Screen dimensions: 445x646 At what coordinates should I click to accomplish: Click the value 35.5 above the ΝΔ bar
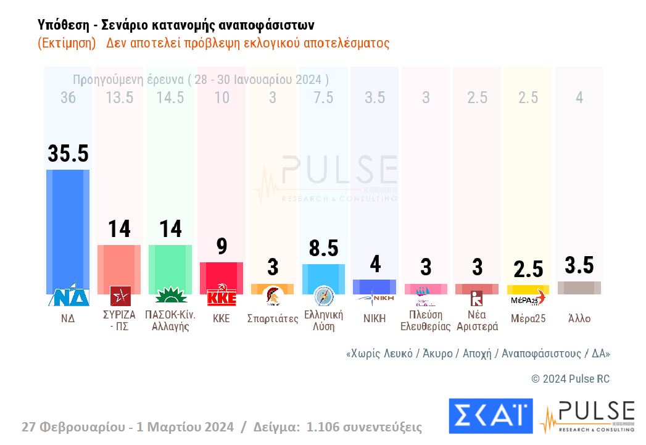[x=68, y=154]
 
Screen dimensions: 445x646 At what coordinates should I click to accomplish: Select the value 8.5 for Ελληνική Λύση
[x=323, y=248]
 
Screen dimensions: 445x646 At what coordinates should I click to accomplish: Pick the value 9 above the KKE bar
[x=222, y=246]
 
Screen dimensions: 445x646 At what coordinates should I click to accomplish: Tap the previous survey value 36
[x=68, y=98]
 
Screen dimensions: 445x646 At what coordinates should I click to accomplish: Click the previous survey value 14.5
[x=170, y=98]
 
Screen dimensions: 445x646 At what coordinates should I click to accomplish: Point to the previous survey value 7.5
[x=323, y=98]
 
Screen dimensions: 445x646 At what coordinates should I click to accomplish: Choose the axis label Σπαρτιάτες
[x=272, y=319]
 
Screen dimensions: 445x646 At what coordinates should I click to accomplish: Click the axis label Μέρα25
[x=528, y=319]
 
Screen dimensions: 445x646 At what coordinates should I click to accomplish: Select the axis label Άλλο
[x=579, y=319]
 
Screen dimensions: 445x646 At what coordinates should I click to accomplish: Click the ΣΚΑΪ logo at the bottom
[x=490, y=416]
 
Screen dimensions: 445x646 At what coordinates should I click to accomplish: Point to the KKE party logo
[x=222, y=296]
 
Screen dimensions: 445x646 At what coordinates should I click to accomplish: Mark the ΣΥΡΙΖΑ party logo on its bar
[x=120, y=296]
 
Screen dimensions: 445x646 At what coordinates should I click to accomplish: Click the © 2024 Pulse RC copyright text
[x=570, y=379]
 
